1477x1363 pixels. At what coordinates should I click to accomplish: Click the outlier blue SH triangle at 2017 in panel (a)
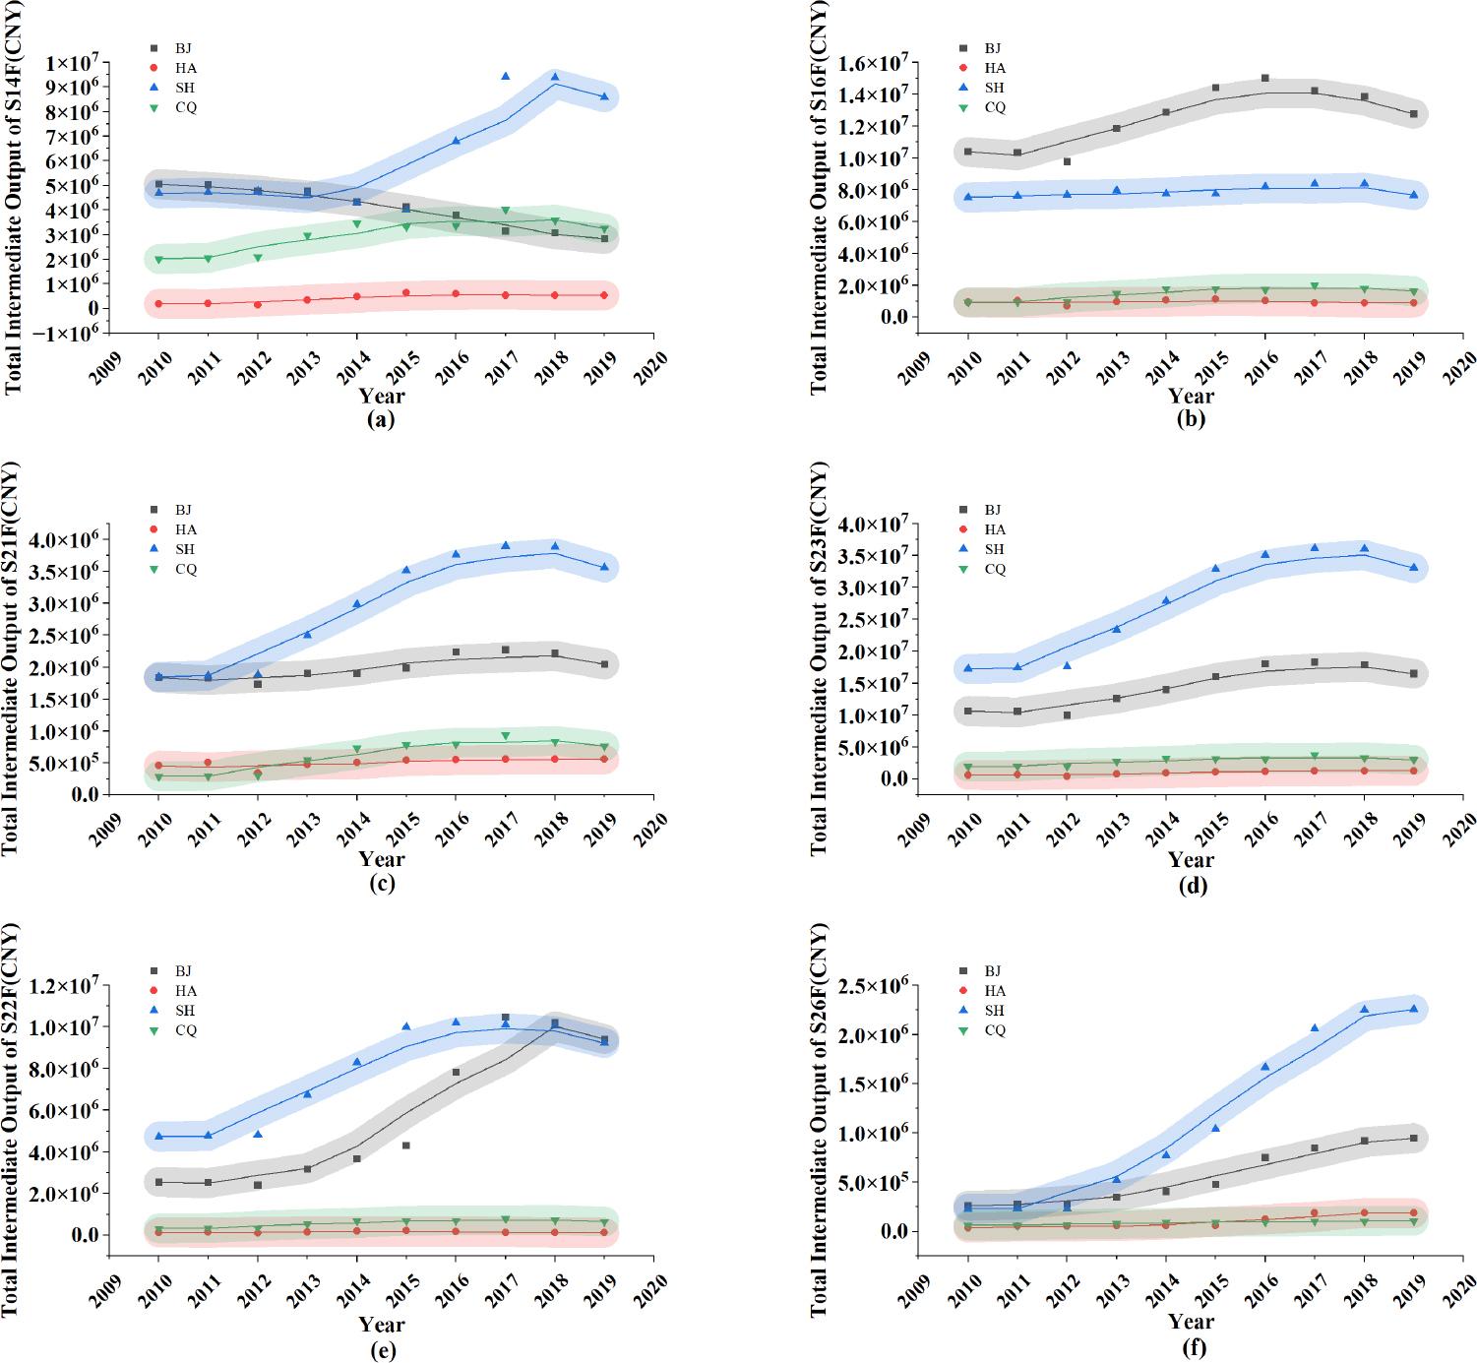coord(505,76)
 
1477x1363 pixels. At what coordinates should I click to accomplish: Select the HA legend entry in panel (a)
coord(173,68)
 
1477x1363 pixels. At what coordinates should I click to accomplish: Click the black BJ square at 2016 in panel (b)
coord(1264,78)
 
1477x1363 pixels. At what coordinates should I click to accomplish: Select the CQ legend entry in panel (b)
coord(983,107)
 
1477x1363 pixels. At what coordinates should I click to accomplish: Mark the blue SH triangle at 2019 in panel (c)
coord(604,567)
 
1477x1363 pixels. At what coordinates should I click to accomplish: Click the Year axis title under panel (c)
coord(381,859)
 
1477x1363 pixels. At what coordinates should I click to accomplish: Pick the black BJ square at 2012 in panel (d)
coord(1067,715)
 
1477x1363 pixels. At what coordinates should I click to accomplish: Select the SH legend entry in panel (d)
coord(983,549)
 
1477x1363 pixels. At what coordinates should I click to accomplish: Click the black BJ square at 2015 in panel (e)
coord(405,1146)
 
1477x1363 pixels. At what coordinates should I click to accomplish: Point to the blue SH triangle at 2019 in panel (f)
coord(1413,1008)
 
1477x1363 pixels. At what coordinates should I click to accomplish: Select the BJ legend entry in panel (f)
coord(983,971)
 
